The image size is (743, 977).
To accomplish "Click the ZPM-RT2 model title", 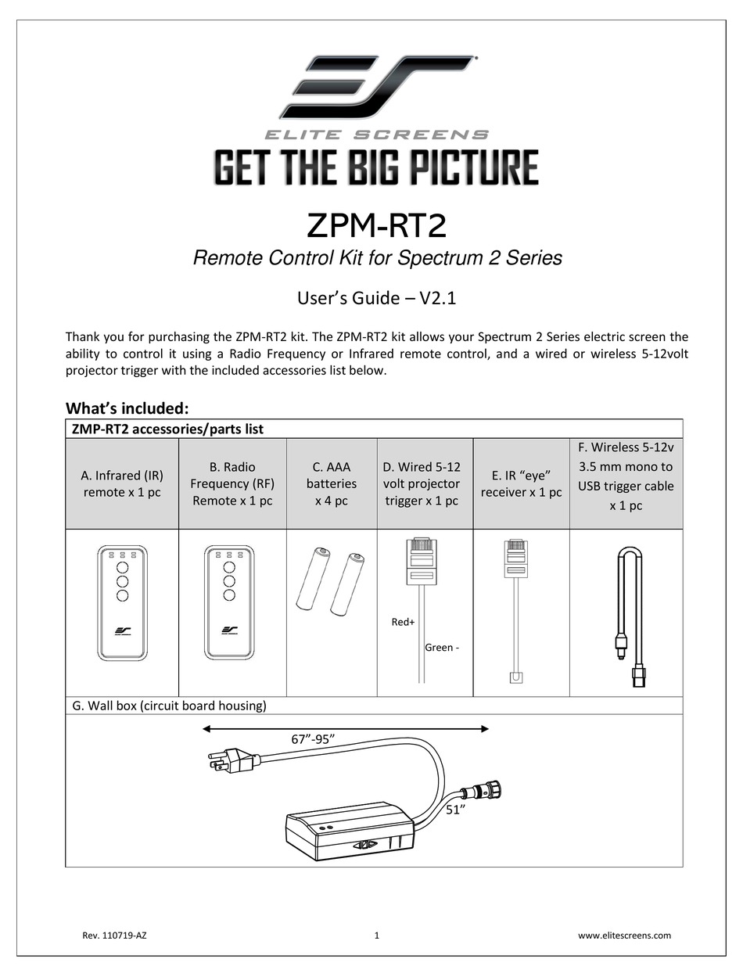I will (x=376, y=226).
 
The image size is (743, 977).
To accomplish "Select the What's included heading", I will (x=127, y=408).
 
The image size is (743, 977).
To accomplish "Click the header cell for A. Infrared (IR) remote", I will (x=122, y=483).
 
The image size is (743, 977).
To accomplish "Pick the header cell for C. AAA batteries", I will (x=331, y=483).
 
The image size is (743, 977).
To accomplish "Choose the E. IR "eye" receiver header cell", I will (x=521, y=483).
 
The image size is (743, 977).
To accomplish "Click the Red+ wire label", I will (x=403, y=623).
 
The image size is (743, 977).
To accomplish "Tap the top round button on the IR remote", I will (x=122, y=567).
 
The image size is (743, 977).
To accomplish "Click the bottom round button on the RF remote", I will (x=229, y=595).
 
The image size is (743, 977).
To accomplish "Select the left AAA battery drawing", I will (x=311, y=580).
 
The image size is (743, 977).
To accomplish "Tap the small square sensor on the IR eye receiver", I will (x=515, y=677).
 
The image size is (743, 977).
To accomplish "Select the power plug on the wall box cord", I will (x=235, y=759).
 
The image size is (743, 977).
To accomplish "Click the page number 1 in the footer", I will (x=376, y=935).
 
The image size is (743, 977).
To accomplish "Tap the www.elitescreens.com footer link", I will (x=624, y=935).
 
